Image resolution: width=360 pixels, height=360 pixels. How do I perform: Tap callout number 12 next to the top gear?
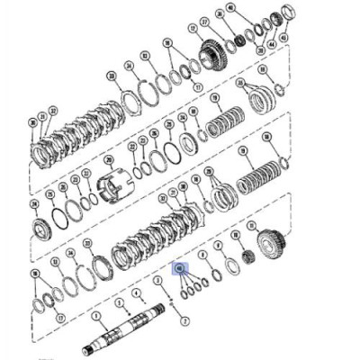[192, 28]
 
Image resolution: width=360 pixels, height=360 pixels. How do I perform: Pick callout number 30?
[33, 122]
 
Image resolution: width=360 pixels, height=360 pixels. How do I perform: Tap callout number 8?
[204, 255]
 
